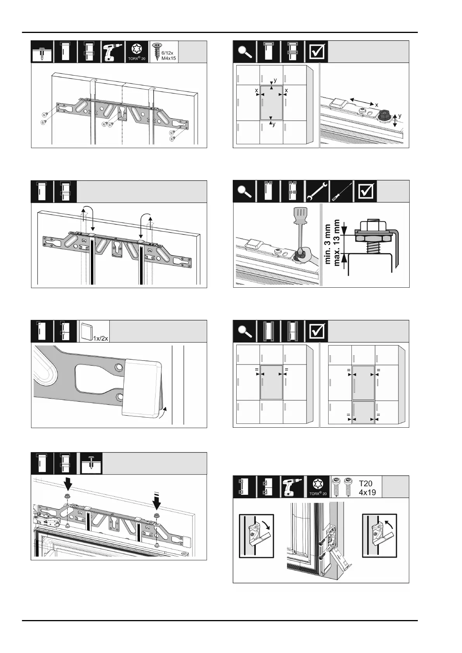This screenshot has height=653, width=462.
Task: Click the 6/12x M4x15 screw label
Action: (169, 56)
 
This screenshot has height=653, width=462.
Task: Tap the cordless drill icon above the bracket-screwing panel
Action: (112, 52)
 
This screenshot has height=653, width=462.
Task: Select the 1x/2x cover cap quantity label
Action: (100, 339)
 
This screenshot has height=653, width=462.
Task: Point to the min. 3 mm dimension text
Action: (327, 244)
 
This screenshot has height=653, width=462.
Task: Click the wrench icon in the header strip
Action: (317, 192)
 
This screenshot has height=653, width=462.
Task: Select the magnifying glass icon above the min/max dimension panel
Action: (244, 191)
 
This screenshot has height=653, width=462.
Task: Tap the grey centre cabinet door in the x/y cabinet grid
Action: (271, 103)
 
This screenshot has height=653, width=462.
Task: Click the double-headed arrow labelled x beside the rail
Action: (362, 102)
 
